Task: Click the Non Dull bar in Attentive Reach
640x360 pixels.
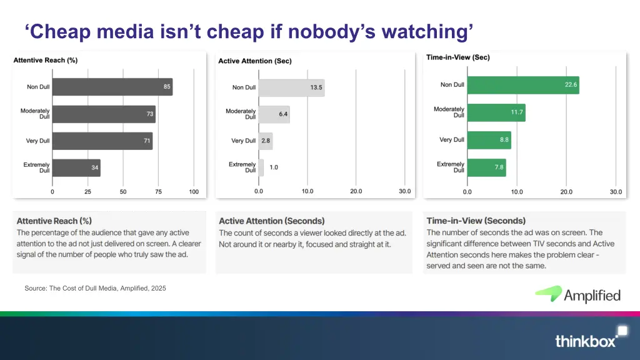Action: [112, 87]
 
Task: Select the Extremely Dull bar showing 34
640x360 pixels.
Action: [76, 168]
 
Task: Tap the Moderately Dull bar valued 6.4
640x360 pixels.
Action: [274, 114]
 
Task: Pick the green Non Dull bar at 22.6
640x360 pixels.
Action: [523, 85]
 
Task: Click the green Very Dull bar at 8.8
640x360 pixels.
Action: [489, 140]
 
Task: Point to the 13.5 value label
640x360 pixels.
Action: [316, 87]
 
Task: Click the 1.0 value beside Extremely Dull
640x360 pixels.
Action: [274, 167]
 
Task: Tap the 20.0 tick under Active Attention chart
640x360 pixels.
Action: [356, 191]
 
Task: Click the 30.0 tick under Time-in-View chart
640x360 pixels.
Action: [616, 192]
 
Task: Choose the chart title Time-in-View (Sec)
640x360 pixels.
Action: [457, 57]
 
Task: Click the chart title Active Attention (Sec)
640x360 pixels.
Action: [255, 61]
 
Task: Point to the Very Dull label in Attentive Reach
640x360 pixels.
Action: [37, 141]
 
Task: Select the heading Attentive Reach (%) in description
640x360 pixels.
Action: [54, 221]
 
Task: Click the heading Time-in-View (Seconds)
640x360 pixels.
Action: [476, 221]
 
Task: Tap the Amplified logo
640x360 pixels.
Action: [577, 294]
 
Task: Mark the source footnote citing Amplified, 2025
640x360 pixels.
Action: [95, 288]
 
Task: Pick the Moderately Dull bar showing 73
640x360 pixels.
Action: [104, 114]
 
